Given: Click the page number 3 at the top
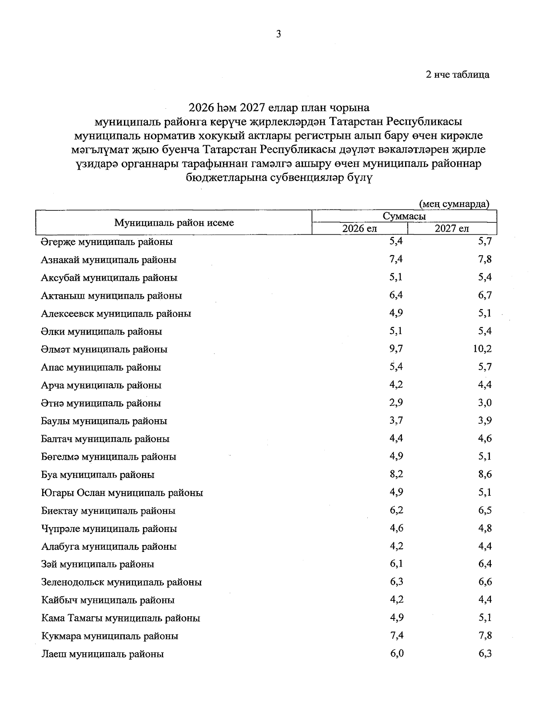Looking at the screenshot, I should pyautogui.click(x=278, y=34).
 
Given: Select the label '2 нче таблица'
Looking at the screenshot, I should pyautogui.click(x=457, y=75).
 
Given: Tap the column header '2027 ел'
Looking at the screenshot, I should pyautogui.click(x=452, y=229).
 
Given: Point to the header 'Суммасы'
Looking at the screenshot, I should pyautogui.click(x=404, y=217).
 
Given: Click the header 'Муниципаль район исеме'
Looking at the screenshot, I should pyautogui.click(x=174, y=223).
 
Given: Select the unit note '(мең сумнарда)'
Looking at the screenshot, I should pyautogui.click(x=454, y=204).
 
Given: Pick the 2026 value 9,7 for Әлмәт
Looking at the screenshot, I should pyautogui.click(x=396, y=349).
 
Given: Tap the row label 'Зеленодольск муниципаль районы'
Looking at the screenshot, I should pyautogui.click(x=121, y=582).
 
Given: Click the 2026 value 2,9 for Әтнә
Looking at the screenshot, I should pyautogui.click(x=396, y=403).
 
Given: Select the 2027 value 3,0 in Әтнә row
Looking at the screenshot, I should pyautogui.click(x=485, y=403).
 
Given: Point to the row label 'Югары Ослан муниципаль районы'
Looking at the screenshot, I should pyautogui.click(x=122, y=492).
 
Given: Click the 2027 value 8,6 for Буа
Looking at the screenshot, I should pyautogui.click(x=485, y=474).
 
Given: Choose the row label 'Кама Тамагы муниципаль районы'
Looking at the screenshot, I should pyautogui.click(x=120, y=618).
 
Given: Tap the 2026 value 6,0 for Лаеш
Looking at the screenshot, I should pyautogui.click(x=396, y=654).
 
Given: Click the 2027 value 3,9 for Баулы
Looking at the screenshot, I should pyautogui.click(x=485, y=421).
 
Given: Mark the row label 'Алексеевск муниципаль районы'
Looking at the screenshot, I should pyautogui.click(x=116, y=314).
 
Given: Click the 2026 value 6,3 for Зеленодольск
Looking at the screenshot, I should pyautogui.click(x=396, y=582).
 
